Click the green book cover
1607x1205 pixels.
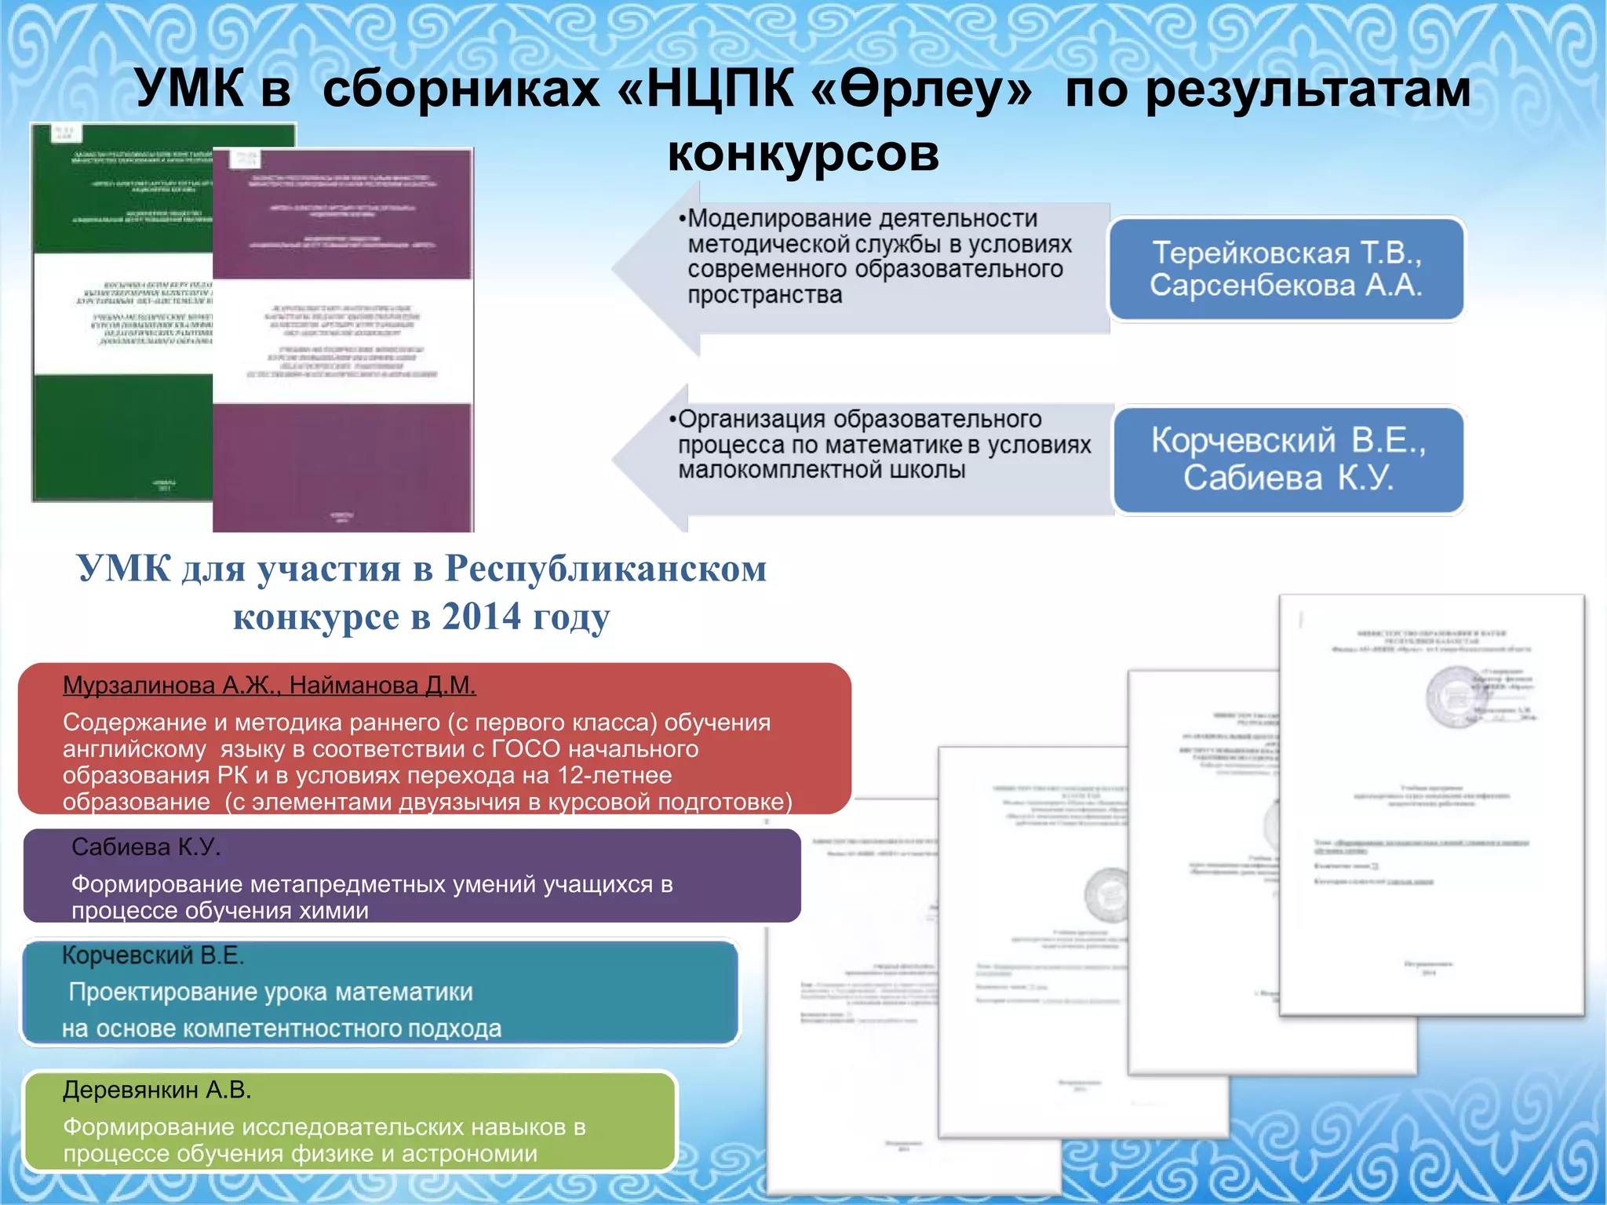118,314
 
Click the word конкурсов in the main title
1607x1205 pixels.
803,153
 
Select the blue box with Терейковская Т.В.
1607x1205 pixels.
1286,269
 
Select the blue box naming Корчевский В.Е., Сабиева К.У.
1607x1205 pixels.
1288,460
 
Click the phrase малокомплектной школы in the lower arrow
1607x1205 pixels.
822,471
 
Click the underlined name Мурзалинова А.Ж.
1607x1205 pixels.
169,686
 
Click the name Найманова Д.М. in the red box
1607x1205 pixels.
382,686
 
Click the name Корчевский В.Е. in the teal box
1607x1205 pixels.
153,956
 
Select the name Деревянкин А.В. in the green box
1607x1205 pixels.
157,1090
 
